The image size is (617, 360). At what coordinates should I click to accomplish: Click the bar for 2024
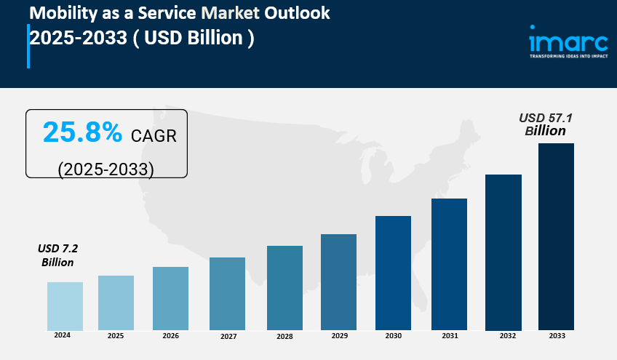pos(65,306)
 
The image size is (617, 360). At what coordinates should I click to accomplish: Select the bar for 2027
pos(227,294)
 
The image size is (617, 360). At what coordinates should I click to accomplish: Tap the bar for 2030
pos(393,273)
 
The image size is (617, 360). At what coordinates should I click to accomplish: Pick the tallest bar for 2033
pos(556,236)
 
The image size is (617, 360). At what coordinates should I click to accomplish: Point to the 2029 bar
pos(338,282)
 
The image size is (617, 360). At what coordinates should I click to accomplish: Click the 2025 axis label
pos(116,336)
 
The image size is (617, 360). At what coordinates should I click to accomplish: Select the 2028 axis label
pos(284,337)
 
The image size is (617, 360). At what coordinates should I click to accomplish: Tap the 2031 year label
pos(449,336)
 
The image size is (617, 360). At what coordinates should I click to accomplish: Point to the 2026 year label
pos(170,336)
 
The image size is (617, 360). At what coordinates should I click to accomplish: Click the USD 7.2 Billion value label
pos(57,255)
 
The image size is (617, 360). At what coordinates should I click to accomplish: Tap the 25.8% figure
pos(82,132)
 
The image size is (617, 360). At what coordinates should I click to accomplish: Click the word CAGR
pos(154,135)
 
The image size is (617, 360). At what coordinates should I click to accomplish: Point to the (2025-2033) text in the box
pos(106,169)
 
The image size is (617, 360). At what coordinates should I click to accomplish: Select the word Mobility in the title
pos(61,12)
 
